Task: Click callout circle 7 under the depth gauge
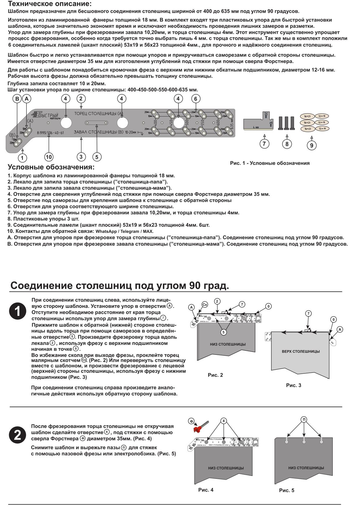click(264, 144)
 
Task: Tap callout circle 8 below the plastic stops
click(287, 144)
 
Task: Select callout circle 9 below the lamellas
click(312, 145)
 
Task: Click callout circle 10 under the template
click(48, 157)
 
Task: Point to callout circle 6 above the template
click(195, 99)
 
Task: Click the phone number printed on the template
click(50, 133)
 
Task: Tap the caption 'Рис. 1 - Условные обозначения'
click(270, 163)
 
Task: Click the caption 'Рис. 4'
click(206, 490)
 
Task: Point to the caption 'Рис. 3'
click(294, 385)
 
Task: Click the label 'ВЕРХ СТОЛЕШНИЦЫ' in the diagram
click(300, 351)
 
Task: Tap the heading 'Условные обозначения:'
click(51, 167)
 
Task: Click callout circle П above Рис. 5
click(304, 419)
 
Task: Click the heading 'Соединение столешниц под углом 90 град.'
click(120, 286)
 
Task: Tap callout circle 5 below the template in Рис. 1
click(97, 157)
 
